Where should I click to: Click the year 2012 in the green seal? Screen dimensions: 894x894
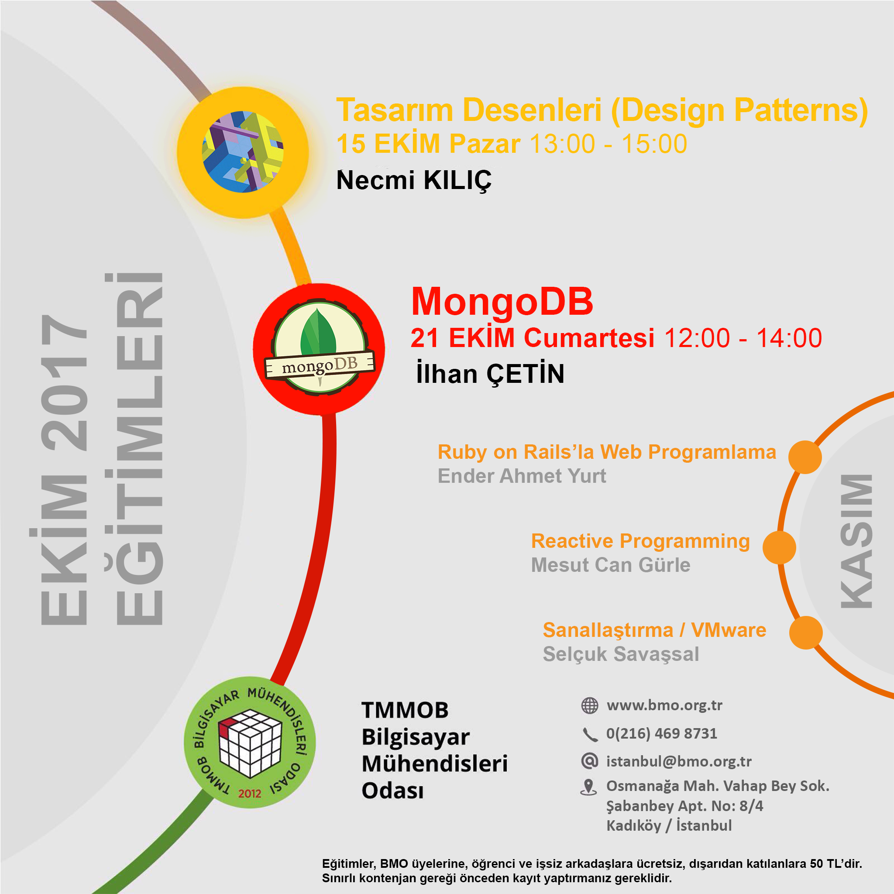[250, 794]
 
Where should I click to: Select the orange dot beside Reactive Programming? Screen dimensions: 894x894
[779, 547]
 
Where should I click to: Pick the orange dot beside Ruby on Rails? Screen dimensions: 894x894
[805, 457]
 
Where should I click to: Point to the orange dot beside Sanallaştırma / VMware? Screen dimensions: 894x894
[806, 633]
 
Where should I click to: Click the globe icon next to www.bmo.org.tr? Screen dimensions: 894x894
[589, 706]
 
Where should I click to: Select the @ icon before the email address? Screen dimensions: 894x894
[589, 761]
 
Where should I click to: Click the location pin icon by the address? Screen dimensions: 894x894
[588, 788]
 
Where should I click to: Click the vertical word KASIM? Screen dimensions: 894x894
[856, 541]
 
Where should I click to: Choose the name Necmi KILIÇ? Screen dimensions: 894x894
[414, 180]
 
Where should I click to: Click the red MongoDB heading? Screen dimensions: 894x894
[502, 302]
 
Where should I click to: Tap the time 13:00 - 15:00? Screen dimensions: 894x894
[608, 144]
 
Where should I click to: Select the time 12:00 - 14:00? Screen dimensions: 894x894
[743, 338]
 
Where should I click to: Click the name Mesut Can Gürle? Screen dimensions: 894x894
[610, 565]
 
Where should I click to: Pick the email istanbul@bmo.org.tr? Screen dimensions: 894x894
[679, 762]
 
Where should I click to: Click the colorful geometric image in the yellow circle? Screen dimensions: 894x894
[242, 152]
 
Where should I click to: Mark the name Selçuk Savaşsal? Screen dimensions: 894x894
[621, 654]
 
